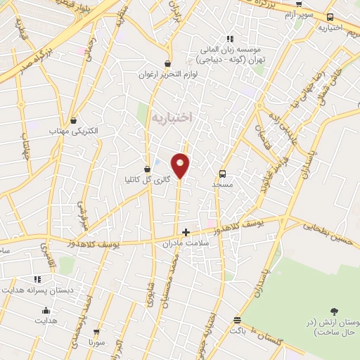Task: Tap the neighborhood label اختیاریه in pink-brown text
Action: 171,117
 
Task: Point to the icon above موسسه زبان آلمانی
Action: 229,39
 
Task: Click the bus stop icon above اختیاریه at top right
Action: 330,18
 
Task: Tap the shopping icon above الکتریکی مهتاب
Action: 73,121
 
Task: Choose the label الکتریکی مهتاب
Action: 74,131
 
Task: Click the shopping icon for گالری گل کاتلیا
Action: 147,169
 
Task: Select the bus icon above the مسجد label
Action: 223,173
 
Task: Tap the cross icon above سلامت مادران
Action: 186,232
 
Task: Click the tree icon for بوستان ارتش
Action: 334,311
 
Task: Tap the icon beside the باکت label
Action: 237,321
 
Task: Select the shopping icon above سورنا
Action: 96,332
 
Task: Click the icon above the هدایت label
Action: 46,311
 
